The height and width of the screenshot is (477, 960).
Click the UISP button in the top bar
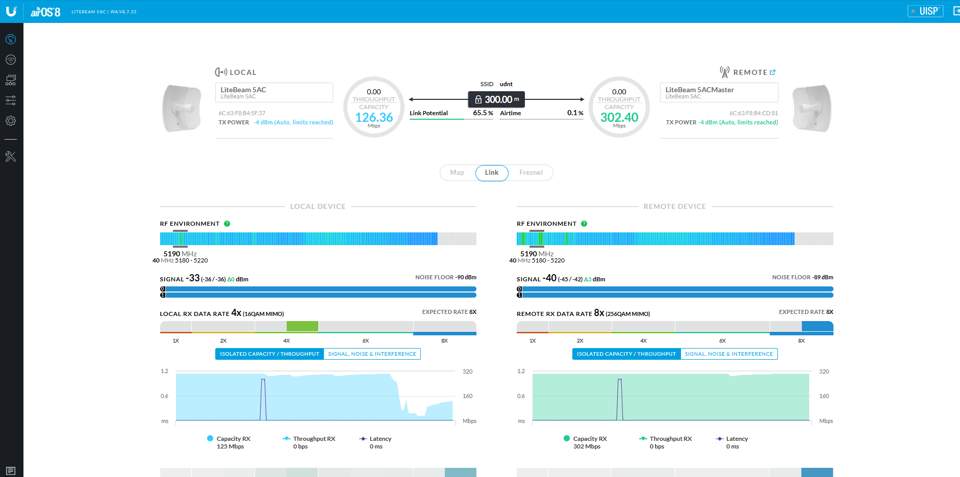point(925,11)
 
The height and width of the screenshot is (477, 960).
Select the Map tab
point(457,173)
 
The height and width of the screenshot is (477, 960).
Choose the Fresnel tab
point(530,173)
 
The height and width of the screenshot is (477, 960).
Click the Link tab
point(492,173)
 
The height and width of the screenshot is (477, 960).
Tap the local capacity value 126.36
point(374,118)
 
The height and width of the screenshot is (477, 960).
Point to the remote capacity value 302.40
point(619,118)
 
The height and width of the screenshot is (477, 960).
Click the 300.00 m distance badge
point(497,99)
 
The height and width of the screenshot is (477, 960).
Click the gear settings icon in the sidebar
point(11,121)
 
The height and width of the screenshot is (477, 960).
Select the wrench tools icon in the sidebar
point(11,156)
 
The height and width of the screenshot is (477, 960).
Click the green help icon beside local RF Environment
point(227,224)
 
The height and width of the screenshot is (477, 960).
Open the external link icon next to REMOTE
point(773,72)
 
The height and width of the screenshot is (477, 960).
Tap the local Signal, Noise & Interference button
point(372,354)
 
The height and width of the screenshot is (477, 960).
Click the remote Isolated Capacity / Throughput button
point(626,354)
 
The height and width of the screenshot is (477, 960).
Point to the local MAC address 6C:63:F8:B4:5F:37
point(242,113)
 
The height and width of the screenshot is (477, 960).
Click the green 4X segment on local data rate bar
point(302,326)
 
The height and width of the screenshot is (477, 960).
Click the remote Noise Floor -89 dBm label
point(802,277)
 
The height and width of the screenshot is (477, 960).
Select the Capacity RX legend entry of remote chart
point(590,439)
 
